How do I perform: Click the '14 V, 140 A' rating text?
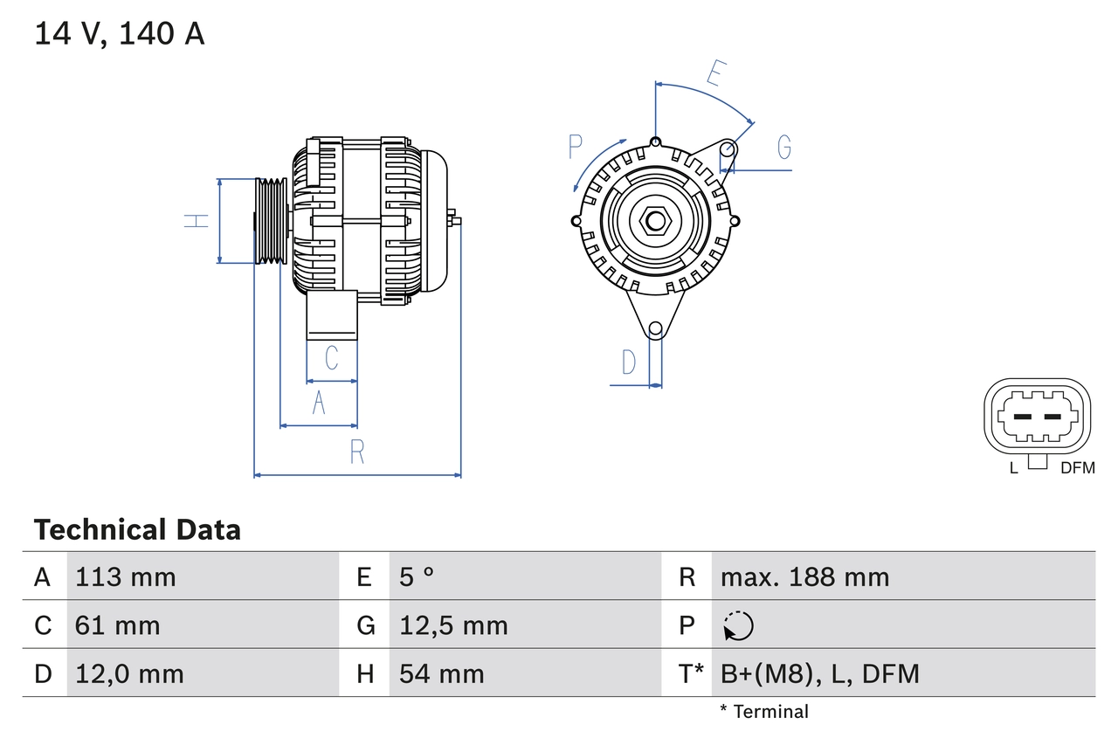[119, 34]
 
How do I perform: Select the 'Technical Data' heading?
[137, 530]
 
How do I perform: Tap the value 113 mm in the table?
[126, 577]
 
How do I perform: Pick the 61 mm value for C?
[118, 625]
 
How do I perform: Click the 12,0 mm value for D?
[129, 674]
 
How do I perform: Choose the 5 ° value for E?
[417, 577]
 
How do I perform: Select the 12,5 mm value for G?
[453, 625]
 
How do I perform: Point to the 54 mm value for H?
[441, 674]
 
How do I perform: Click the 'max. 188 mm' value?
[804, 577]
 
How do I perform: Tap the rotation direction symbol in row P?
[738, 625]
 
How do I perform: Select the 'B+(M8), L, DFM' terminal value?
[819, 674]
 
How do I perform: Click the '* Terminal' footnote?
[764, 712]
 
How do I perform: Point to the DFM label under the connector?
[1077, 468]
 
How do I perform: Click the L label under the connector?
[1014, 468]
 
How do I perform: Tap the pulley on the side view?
[271, 221]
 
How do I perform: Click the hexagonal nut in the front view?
[655, 220]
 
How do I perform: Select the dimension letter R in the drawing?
[357, 452]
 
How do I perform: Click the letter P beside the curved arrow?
[575, 147]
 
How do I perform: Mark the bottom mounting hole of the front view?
[655, 329]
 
